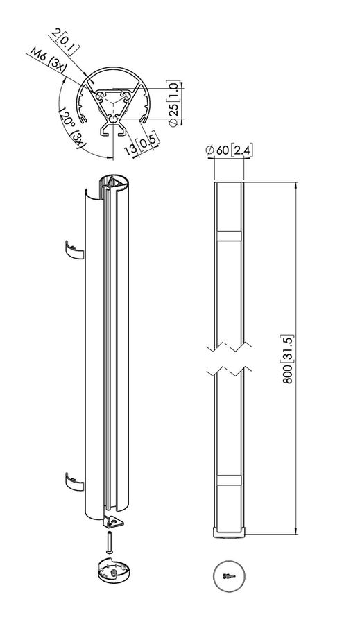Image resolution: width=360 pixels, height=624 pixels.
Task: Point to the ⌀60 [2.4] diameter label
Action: tap(228, 150)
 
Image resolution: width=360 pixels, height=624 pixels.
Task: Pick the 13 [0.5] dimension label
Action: tap(142, 144)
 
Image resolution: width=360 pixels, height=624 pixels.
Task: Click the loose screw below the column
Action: tap(110, 541)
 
